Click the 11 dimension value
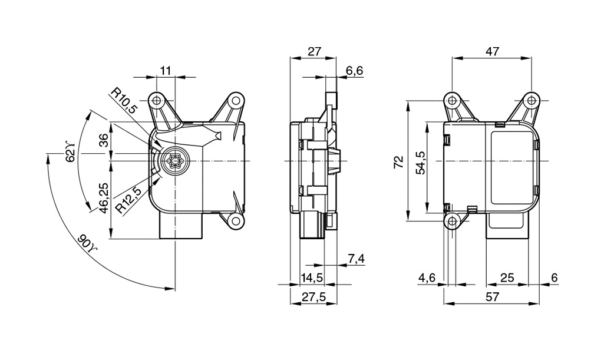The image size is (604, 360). tap(166, 71)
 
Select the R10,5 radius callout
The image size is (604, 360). tap(125, 101)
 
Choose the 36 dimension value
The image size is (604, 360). tap(103, 140)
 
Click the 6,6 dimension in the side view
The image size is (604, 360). tap(354, 71)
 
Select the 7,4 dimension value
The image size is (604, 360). tap(357, 259)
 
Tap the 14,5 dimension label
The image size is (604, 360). tap(312, 278)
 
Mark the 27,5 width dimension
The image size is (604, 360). tap(314, 297)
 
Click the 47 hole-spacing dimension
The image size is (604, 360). tap(492, 52)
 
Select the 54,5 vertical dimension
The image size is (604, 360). tap(420, 163)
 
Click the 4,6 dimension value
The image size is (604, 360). tap(427, 278)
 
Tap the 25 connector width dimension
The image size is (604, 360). tap(507, 278)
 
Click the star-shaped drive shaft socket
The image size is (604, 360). tap(176, 161)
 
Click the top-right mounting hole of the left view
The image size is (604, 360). tap(236, 100)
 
